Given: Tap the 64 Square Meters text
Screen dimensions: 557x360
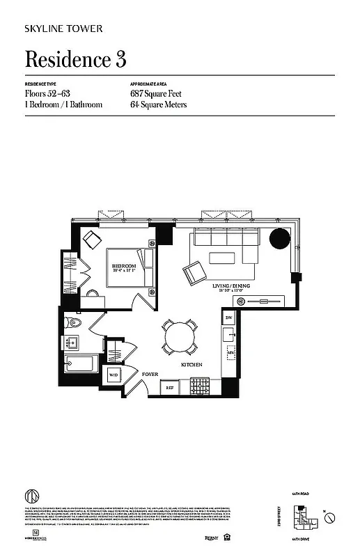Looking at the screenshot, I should (x=158, y=104).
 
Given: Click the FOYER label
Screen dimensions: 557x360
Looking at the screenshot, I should (x=151, y=374).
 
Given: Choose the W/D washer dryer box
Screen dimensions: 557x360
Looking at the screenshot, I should (x=114, y=375).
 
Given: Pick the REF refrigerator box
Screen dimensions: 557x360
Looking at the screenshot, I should (x=169, y=386).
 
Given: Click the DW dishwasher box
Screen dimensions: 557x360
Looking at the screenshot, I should (x=228, y=318).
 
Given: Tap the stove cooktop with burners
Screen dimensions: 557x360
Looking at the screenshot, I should (x=201, y=385).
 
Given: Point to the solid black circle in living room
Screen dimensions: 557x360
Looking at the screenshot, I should (x=279, y=239).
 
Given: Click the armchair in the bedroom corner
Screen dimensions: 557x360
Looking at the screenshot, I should (x=92, y=238).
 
